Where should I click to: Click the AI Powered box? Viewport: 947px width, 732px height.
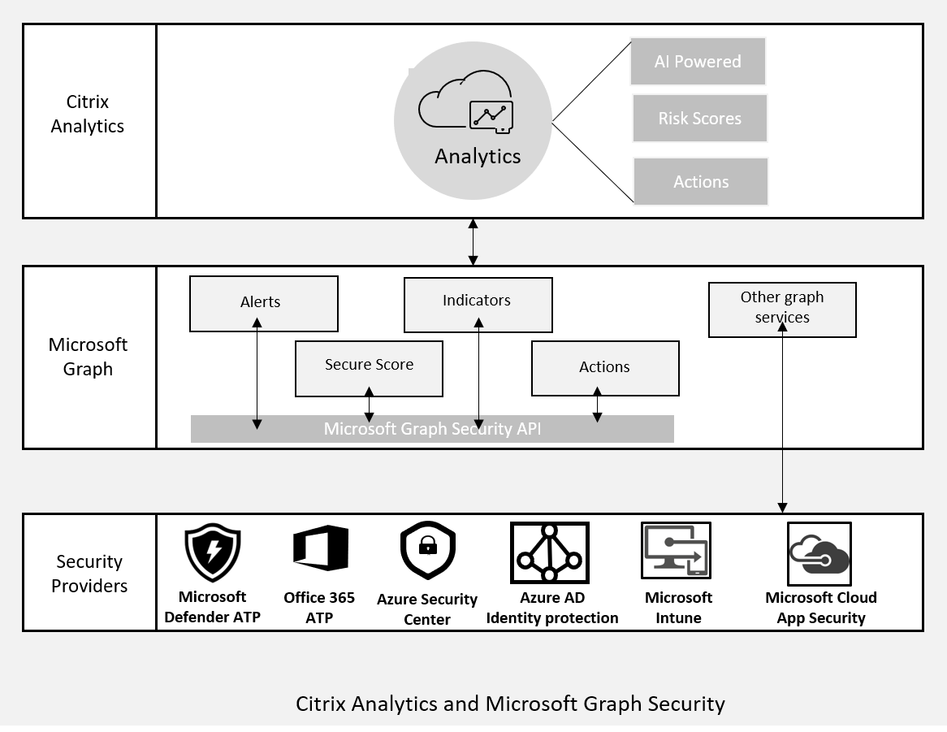pos(698,62)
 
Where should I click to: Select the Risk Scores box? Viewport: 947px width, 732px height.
pos(699,119)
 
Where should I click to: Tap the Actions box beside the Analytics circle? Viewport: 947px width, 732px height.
pos(700,182)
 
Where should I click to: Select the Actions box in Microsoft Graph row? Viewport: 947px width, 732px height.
pos(605,368)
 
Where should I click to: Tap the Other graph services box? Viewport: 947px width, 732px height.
pos(782,310)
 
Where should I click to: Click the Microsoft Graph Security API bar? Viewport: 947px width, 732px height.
pos(432,429)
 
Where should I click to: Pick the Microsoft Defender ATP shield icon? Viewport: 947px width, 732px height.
pos(213,552)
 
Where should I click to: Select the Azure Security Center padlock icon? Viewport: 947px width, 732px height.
pos(428,551)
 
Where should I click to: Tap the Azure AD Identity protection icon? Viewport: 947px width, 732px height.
pos(550,552)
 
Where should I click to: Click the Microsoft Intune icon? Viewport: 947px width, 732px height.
pos(676,550)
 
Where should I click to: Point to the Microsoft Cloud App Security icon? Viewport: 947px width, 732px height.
pos(819,553)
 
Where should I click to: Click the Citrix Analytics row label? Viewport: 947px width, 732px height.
pos(88,114)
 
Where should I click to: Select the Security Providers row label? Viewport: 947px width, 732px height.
pos(89,574)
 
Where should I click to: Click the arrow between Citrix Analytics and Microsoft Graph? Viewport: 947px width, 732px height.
pos(473,241)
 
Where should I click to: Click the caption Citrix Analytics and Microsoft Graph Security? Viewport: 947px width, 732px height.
pos(510,704)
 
